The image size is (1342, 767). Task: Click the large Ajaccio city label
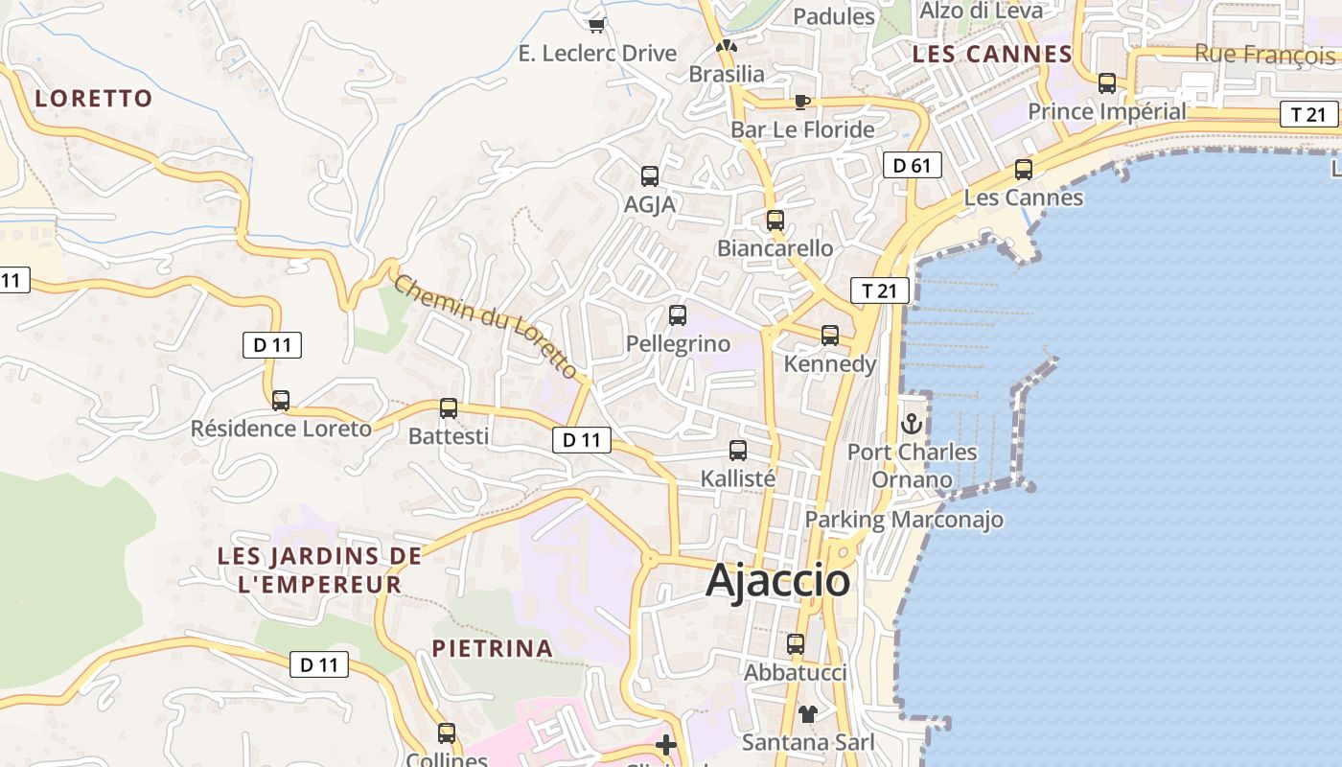tap(777, 581)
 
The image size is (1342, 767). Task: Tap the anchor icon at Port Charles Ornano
tap(912, 423)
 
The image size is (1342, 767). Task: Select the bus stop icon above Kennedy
tap(830, 336)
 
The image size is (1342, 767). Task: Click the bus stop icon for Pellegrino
tap(678, 315)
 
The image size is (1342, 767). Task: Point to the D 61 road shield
tap(912, 166)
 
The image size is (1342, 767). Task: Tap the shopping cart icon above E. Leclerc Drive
tap(597, 25)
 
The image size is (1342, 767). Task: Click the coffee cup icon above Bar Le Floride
tap(802, 102)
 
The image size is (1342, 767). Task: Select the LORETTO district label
tap(94, 98)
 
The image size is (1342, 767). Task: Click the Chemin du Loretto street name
tap(486, 326)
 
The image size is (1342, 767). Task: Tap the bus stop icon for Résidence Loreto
tap(281, 400)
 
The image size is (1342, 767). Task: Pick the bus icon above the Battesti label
tap(449, 408)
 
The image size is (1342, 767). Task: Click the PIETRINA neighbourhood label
tap(493, 648)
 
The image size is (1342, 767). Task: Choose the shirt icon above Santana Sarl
tap(808, 714)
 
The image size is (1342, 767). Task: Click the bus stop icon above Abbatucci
tap(796, 644)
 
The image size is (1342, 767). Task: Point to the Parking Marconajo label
tap(904, 520)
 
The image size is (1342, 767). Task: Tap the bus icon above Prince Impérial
tap(1107, 83)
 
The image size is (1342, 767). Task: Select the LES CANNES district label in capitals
tap(992, 55)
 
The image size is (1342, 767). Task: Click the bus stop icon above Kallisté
tap(738, 451)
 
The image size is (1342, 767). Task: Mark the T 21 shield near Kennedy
tap(879, 291)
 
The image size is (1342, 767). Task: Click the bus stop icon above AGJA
tap(650, 176)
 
